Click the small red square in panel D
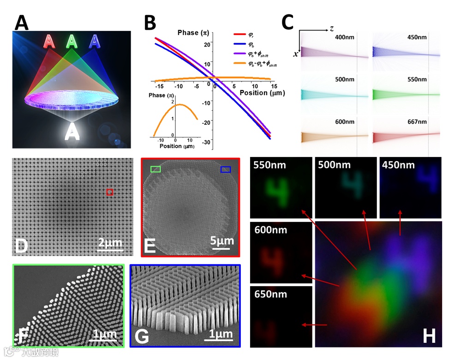110,192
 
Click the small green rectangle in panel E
156,170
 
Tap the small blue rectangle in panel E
225,170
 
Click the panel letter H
429,336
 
